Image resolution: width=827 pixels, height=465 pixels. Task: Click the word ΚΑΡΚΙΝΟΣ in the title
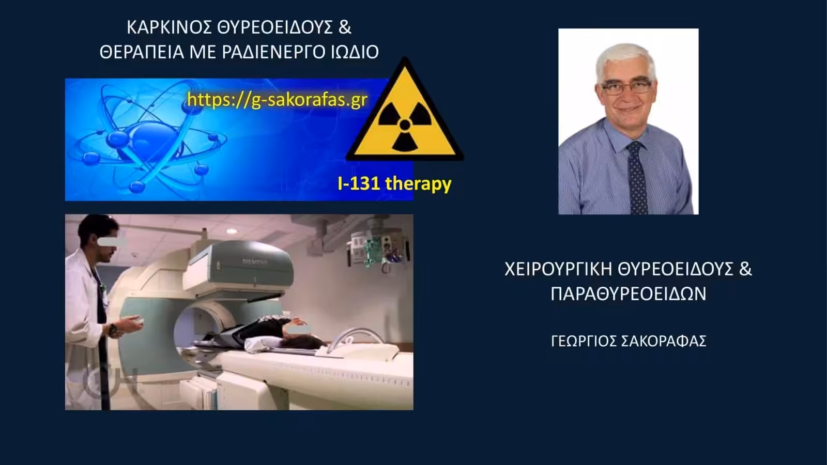click(169, 28)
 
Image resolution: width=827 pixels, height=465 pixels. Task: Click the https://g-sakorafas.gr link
click(277, 100)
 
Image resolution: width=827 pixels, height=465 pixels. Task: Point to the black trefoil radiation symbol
click(405, 126)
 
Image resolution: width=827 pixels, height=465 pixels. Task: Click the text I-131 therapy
click(394, 183)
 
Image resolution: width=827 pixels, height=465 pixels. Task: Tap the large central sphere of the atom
click(152, 142)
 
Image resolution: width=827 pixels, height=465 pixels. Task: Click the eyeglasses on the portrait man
click(626, 87)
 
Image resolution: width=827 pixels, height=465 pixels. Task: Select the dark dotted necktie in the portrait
click(638, 178)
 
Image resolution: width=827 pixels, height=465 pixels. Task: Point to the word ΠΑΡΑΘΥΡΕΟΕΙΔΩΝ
click(629, 294)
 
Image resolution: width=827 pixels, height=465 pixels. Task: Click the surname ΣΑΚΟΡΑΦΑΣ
click(664, 342)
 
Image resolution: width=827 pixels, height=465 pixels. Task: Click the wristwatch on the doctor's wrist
click(113, 329)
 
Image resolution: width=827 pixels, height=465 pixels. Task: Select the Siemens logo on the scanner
click(255, 261)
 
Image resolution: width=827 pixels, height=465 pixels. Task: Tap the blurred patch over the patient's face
click(299, 330)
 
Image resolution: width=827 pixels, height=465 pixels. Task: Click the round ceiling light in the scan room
click(232, 231)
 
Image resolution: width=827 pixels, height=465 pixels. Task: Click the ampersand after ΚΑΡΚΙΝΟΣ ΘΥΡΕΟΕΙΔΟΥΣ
click(344, 28)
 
